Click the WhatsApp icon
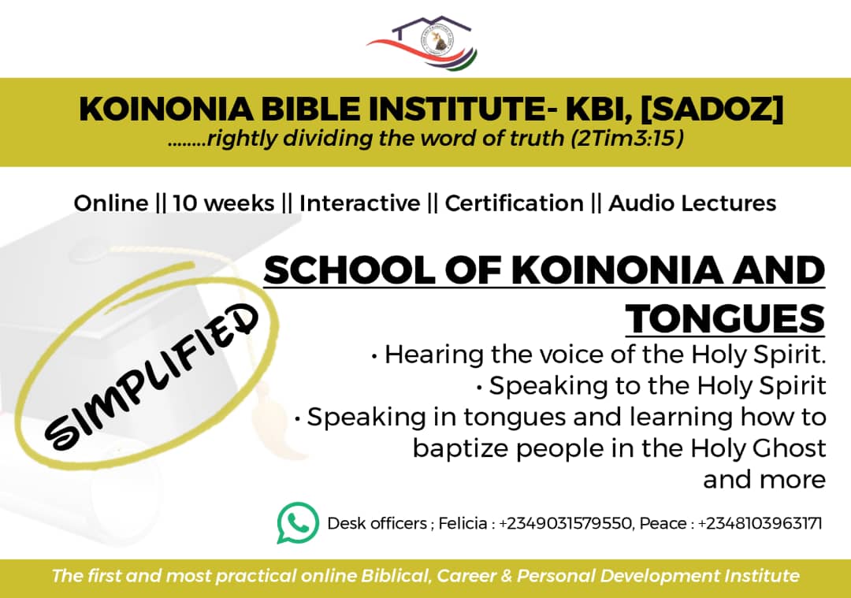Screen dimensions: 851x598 [x=298, y=522]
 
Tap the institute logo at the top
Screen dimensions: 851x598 [x=422, y=43]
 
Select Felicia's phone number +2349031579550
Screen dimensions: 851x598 [x=565, y=524]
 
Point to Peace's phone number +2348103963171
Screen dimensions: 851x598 [x=760, y=524]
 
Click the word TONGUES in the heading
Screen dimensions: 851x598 [x=725, y=318]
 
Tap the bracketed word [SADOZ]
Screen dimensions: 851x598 [x=712, y=109]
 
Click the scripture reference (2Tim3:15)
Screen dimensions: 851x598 [x=627, y=139]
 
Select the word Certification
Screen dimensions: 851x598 [x=514, y=203]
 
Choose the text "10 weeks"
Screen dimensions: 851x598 [x=224, y=203]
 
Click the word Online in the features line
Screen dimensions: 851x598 [x=111, y=203]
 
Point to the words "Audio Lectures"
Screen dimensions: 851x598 [x=692, y=203]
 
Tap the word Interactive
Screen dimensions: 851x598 [x=359, y=203]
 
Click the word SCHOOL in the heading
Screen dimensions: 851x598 [x=349, y=270]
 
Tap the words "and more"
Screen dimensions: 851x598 [x=764, y=480]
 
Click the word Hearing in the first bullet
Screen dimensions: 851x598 [x=434, y=355]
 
